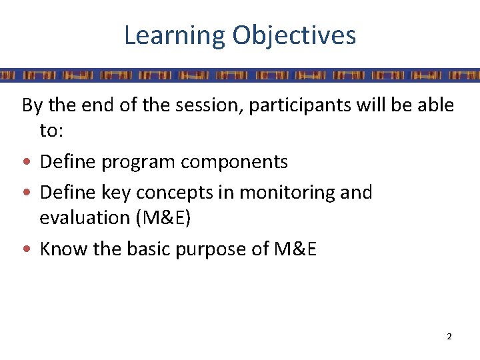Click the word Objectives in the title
point(294,35)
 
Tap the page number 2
point(449,337)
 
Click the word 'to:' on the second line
point(52,131)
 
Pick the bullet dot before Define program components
point(27,162)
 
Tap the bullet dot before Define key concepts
point(27,193)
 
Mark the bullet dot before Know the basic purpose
point(27,249)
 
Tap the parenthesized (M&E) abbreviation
point(165,218)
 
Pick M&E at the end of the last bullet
point(295,249)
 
